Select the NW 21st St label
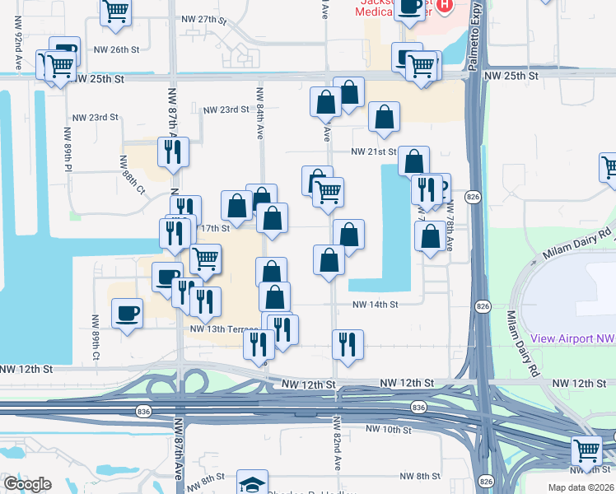374,152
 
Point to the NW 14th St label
375,304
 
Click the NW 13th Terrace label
224,329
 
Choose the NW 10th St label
388,430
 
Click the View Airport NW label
573,338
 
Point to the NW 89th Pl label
68,149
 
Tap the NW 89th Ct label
96,345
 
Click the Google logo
28,483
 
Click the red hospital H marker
445,6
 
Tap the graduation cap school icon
252,482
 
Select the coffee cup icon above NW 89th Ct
126,314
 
